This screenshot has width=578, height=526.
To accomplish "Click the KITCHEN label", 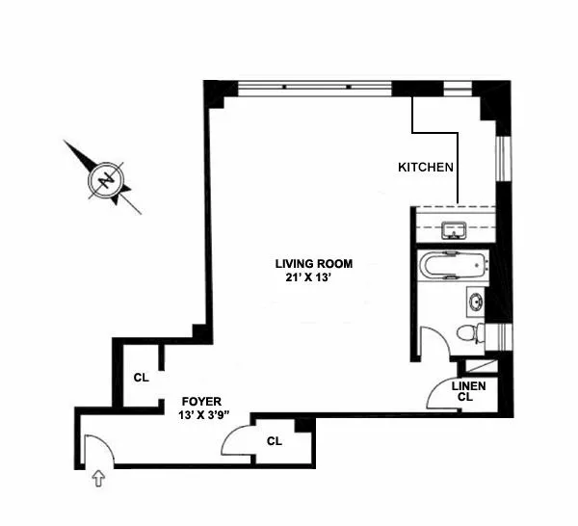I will pos(426,167).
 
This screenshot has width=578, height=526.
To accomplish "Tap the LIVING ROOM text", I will pos(314,263).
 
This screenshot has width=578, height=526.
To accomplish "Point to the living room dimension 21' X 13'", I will pos(308,276).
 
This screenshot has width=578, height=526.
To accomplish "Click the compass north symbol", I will pos(104,178).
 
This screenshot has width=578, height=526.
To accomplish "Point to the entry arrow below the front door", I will pos(96,477).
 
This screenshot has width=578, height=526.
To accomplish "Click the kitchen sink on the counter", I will pos(452,230).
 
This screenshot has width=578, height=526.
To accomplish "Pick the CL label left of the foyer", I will pos(141,378).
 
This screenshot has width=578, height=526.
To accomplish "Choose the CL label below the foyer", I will pos(275,442).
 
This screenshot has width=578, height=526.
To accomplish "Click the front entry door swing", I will pos(97,451).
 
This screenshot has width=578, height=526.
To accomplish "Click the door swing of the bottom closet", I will pos(236,441).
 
